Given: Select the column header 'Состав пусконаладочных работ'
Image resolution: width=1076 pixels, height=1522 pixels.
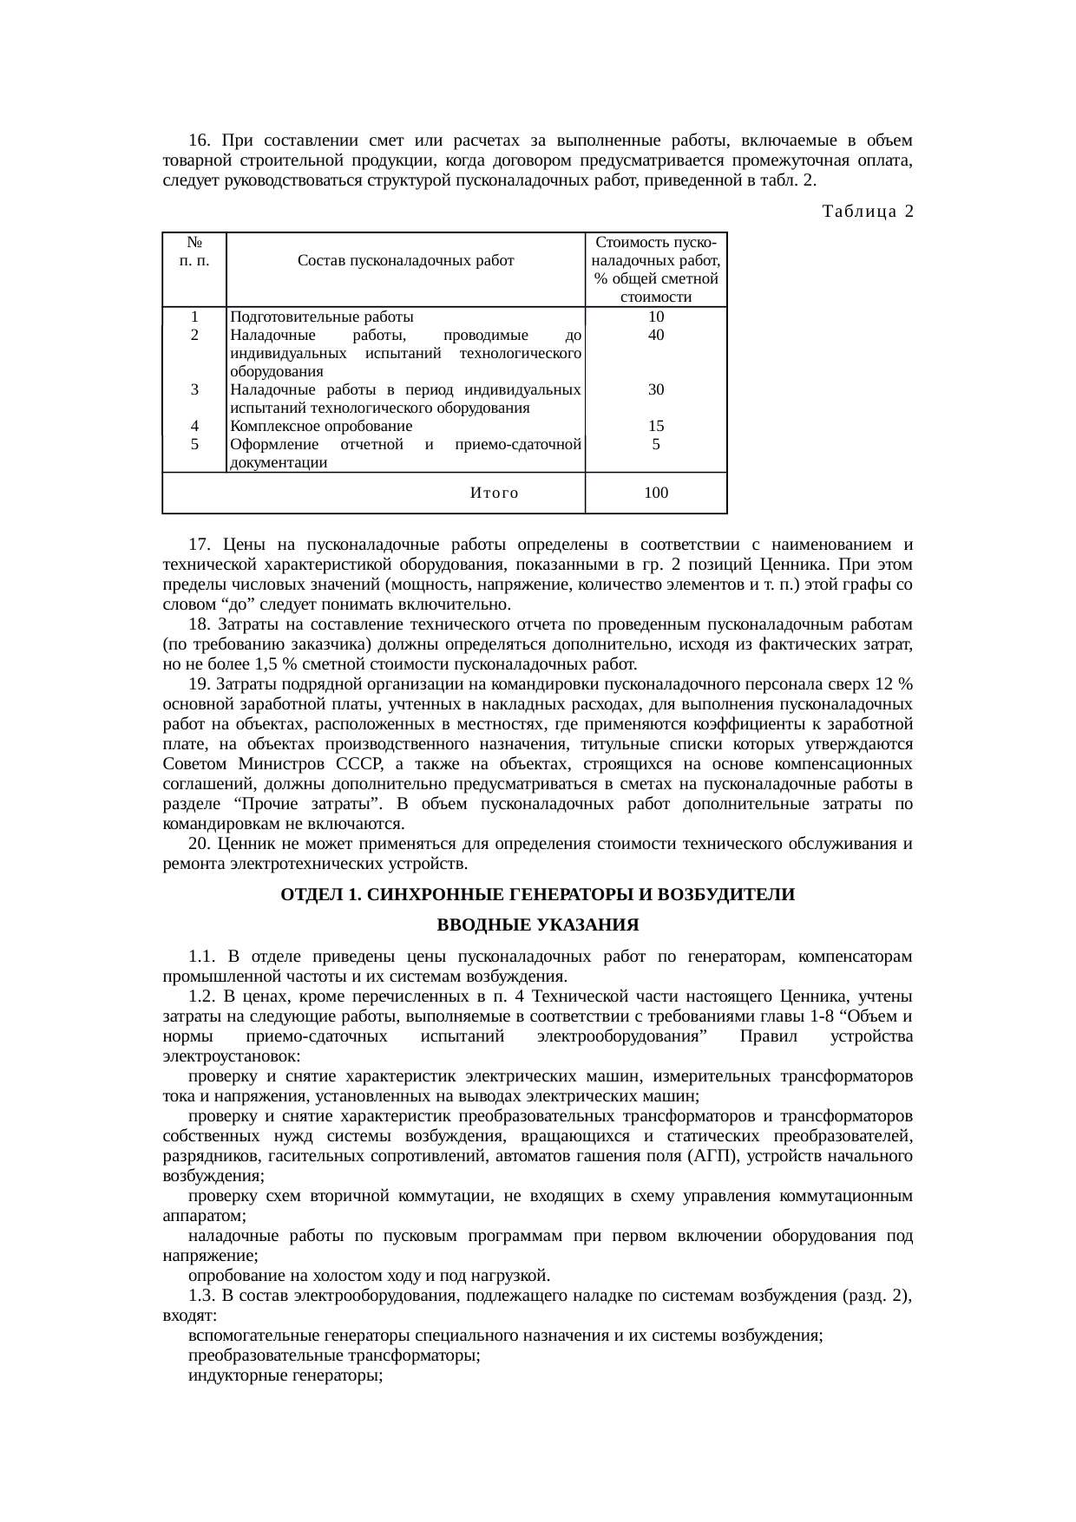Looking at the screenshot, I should click(x=405, y=260).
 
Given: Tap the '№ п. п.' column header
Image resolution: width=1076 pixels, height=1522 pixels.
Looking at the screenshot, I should click(x=194, y=251).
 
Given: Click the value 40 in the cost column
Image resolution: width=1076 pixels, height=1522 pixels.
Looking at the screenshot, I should click(x=656, y=335).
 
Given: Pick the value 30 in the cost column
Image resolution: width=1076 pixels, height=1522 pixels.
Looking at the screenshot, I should click(x=656, y=389).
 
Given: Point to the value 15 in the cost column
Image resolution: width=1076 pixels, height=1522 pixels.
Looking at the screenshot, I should click(x=656, y=426).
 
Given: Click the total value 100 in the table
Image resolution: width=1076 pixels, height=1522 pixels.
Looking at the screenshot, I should click(x=656, y=493).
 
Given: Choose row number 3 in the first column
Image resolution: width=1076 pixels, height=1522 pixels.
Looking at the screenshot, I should click(x=195, y=389).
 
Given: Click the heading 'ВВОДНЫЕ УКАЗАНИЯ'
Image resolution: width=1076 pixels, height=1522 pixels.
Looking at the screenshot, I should click(x=538, y=924).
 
